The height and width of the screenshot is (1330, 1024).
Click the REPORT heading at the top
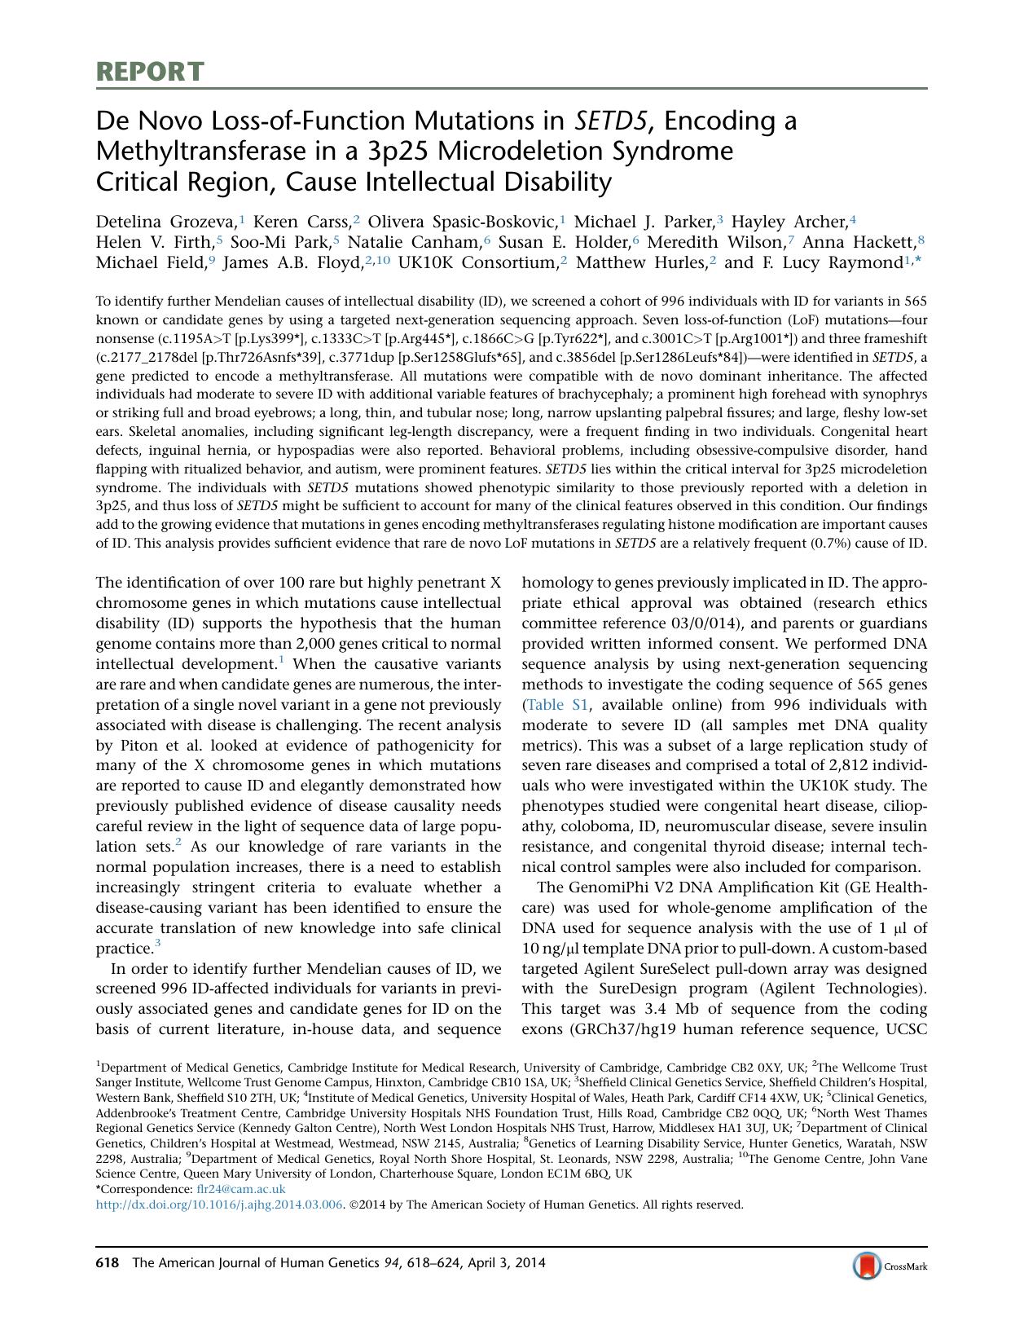150,72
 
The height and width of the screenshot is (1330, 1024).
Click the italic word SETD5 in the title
612,121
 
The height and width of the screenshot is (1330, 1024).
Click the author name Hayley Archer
789,222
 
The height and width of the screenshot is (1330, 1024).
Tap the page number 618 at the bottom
108,1263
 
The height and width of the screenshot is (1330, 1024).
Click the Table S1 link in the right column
559,705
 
